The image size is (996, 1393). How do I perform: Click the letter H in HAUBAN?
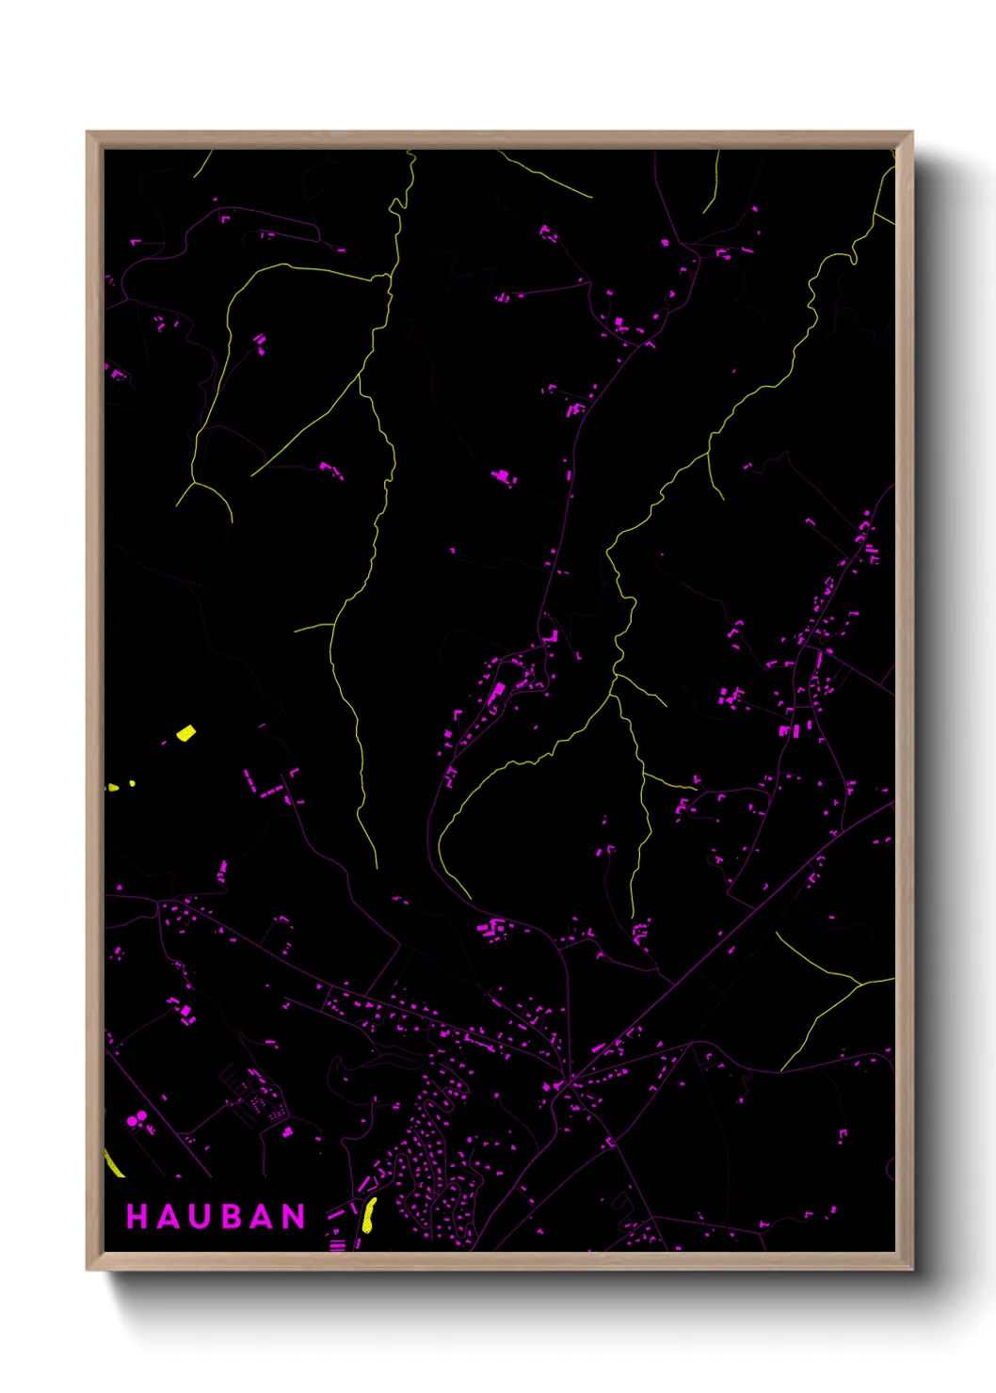tap(137, 1217)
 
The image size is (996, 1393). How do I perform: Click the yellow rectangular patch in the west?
tap(186, 732)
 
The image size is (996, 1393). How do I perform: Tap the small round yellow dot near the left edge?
tap(132, 783)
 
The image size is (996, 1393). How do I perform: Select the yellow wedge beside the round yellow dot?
tap(113, 787)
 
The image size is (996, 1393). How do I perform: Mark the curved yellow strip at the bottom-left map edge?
tap(113, 1163)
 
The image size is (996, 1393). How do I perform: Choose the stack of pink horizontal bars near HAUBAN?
tap(337, 1245)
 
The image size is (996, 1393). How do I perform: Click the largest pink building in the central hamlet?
tap(496, 695)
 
